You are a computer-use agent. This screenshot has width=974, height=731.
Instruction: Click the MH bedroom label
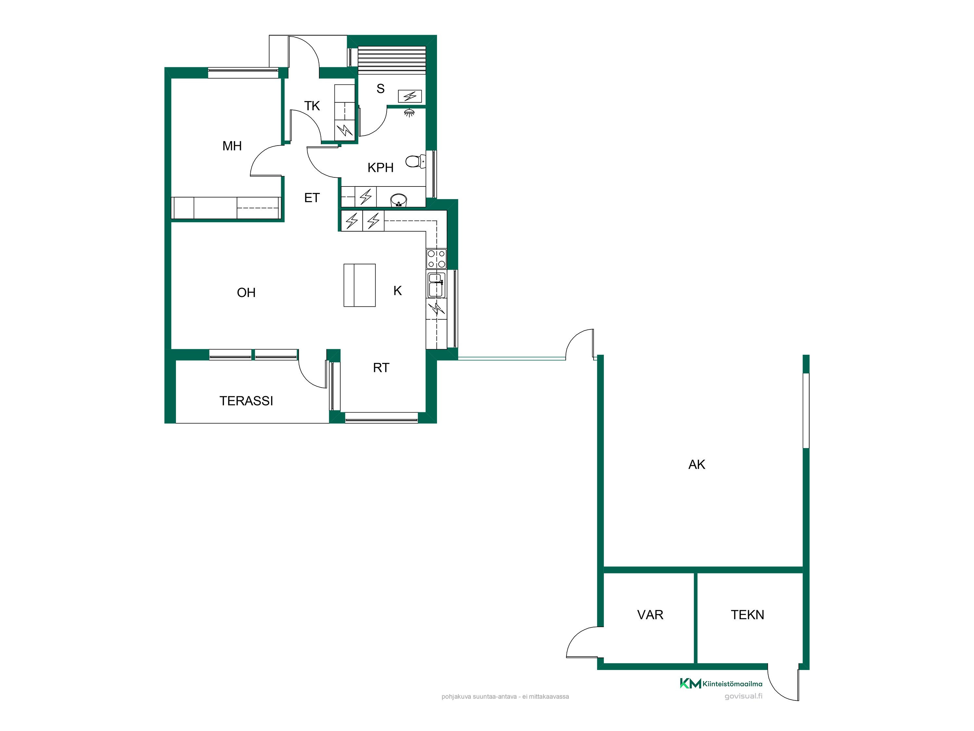tap(232, 146)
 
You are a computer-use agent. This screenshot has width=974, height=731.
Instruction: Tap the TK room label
tap(312, 106)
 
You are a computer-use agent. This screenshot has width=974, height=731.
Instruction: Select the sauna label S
tap(381, 89)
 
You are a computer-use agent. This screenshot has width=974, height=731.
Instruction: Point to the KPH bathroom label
tap(381, 167)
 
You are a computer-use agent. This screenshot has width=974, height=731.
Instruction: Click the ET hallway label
tap(312, 198)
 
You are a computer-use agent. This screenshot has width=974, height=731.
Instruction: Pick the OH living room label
tap(246, 293)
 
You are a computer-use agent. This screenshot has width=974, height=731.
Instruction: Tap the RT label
tap(381, 367)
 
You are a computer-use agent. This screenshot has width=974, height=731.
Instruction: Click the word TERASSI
tap(246, 401)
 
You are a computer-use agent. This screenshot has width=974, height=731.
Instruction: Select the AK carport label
tap(697, 464)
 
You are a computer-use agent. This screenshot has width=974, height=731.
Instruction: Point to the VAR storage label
tap(650, 615)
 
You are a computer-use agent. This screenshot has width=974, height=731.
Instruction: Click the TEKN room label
tap(747, 615)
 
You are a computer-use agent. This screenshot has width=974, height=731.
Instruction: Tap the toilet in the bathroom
tap(415, 161)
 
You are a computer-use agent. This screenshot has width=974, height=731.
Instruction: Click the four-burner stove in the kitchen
tap(436, 259)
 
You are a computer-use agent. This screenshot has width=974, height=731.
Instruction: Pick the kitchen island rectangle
tap(359, 285)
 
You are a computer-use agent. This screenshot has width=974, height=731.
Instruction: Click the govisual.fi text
tap(743, 696)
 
